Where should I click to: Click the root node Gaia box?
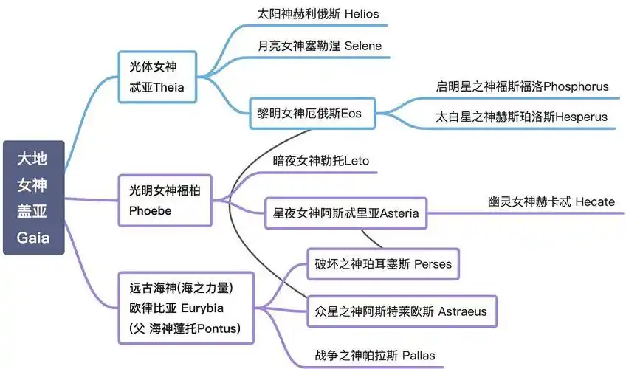[33, 197]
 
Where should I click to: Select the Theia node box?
[158, 77]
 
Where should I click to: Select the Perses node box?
[384, 263]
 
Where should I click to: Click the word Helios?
[361, 14]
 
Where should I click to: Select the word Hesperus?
[580, 117]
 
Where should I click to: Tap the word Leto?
[357, 160]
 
